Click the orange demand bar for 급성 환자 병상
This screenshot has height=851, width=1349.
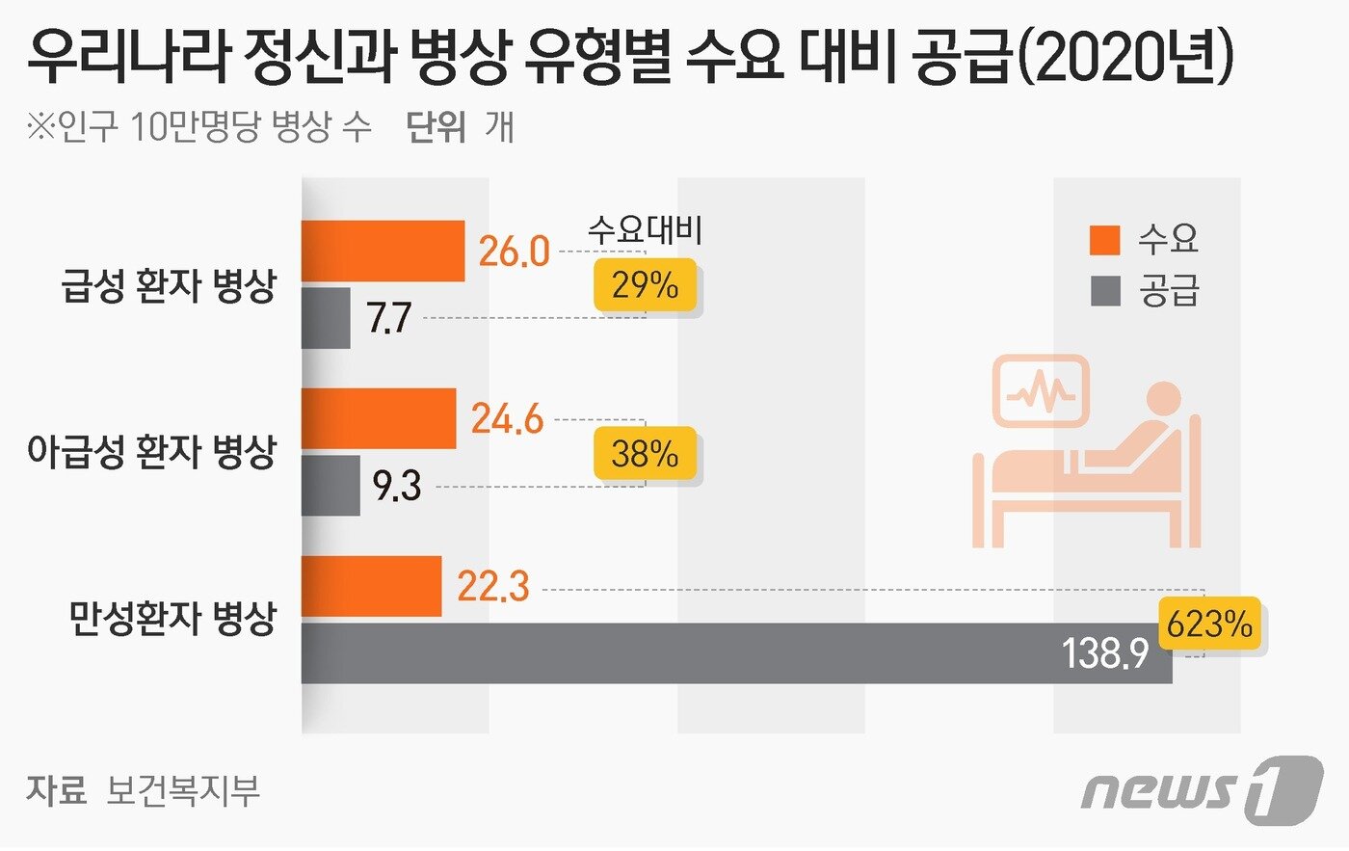point(383,251)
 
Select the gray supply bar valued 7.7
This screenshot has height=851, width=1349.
point(326,318)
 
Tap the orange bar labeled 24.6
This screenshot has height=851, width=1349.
point(378,418)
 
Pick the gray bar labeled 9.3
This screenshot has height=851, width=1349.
point(331,486)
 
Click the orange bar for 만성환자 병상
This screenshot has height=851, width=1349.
point(371,586)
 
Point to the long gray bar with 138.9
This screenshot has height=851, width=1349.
point(674,653)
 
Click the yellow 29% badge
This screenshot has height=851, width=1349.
point(645,285)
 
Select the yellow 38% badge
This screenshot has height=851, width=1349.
point(645,453)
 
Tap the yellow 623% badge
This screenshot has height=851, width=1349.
point(1209,625)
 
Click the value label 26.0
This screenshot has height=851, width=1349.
point(514,252)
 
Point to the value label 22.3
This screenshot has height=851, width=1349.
point(493,586)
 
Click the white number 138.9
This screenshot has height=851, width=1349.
point(1105,654)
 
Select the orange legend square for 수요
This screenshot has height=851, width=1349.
point(1105,240)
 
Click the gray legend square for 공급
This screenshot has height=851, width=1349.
point(1105,291)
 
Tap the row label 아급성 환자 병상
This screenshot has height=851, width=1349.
point(152,451)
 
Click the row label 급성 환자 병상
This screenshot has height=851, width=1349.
point(169,285)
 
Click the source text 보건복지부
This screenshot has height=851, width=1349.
point(183,790)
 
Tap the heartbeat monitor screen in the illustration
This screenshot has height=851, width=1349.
point(1042,391)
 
